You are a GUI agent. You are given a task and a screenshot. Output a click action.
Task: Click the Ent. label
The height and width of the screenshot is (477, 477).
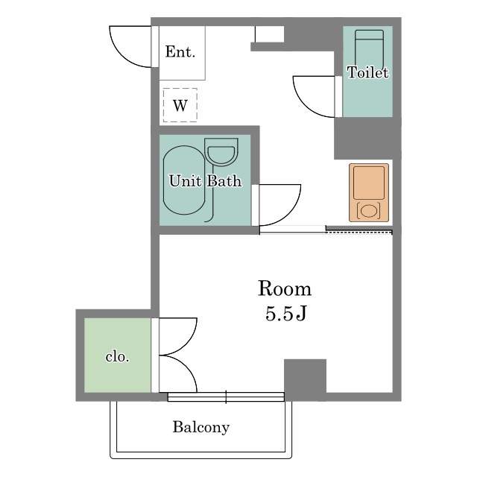(180, 51)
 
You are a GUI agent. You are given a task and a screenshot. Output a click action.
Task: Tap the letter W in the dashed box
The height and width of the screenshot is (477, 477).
(180, 106)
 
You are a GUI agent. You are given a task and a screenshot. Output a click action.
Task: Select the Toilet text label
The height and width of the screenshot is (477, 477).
(367, 72)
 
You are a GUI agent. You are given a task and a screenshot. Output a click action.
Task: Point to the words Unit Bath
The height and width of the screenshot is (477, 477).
(206, 181)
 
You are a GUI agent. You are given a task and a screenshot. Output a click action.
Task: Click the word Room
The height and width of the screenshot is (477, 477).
(285, 288)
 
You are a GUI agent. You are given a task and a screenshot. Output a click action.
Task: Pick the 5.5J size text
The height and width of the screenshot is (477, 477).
(285, 313)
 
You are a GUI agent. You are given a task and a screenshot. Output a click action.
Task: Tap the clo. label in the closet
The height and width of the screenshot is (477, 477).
(118, 356)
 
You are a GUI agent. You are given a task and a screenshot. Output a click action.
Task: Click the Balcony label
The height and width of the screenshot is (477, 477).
(201, 427)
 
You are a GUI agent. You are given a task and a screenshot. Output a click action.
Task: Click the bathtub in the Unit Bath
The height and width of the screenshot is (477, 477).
(184, 180)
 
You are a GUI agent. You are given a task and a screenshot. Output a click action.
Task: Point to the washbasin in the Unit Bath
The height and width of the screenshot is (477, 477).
(221, 152)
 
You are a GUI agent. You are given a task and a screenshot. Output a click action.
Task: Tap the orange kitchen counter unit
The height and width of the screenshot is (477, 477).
(369, 192)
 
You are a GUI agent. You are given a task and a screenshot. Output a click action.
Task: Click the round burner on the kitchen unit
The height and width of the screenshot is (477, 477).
(369, 211)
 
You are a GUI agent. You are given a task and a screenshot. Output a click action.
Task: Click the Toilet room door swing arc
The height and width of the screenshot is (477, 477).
(303, 103)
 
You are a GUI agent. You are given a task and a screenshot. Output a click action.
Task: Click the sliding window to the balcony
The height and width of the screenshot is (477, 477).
(226, 397)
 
